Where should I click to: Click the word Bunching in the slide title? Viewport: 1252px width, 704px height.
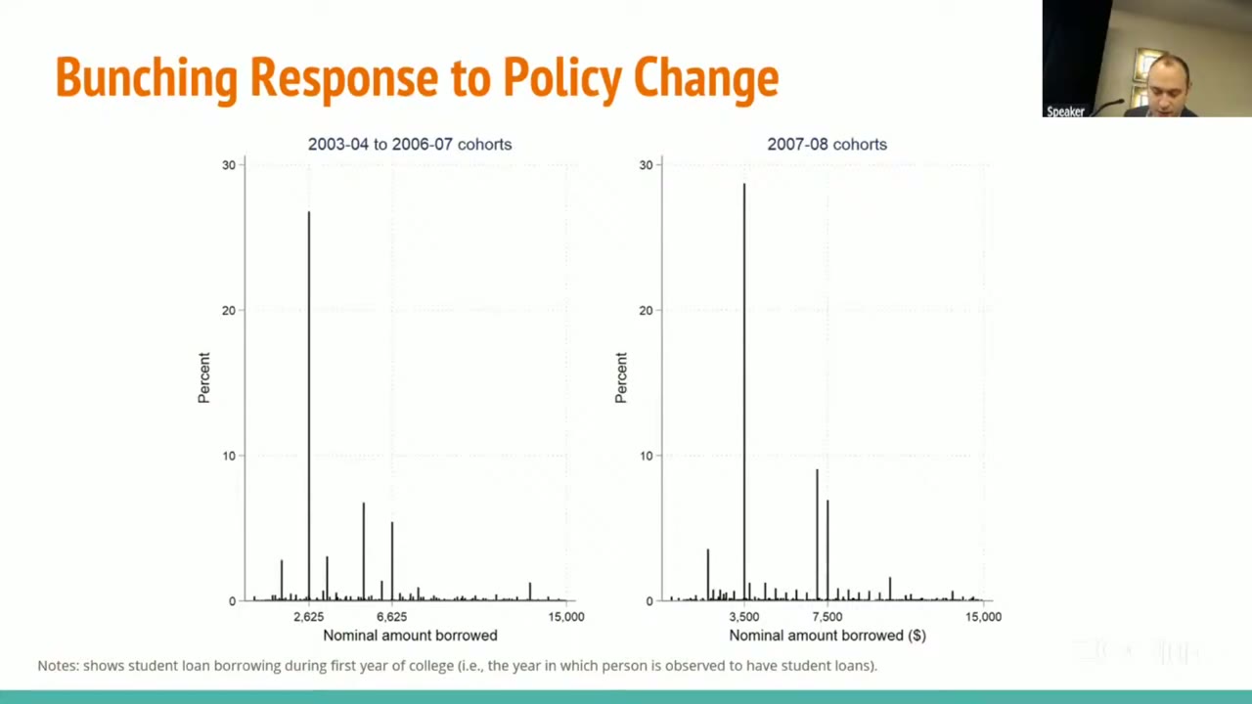pos(147,78)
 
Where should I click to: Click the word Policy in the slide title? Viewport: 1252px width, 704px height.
pos(562,78)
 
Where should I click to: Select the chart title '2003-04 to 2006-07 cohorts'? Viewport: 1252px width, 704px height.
pos(410,144)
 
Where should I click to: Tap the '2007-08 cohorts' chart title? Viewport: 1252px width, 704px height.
pos(827,144)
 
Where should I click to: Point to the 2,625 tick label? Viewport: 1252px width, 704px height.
pos(309,617)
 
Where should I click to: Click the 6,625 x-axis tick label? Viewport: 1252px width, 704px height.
pos(392,617)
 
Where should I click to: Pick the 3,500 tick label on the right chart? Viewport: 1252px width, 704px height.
pos(744,617)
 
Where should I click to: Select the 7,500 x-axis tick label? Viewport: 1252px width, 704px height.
pos(827,617)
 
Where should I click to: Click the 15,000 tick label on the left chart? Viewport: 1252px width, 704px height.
pos(566,617)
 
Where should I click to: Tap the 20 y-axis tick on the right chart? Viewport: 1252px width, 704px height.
pos(647,311)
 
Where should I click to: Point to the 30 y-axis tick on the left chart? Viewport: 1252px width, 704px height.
pos(229,165)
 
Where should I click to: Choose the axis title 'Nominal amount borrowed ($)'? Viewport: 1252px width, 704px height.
pos(827,636)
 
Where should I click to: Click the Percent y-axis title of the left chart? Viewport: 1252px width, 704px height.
pos(204,377)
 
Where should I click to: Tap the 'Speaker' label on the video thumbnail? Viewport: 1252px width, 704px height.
pos(1065,111)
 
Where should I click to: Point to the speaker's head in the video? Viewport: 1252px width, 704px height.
pos(1169,83)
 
